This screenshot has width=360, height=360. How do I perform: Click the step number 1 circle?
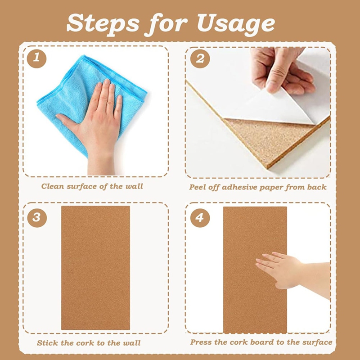36,59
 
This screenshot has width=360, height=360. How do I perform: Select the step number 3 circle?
36,218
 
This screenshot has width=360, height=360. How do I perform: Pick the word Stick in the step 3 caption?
47,343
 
